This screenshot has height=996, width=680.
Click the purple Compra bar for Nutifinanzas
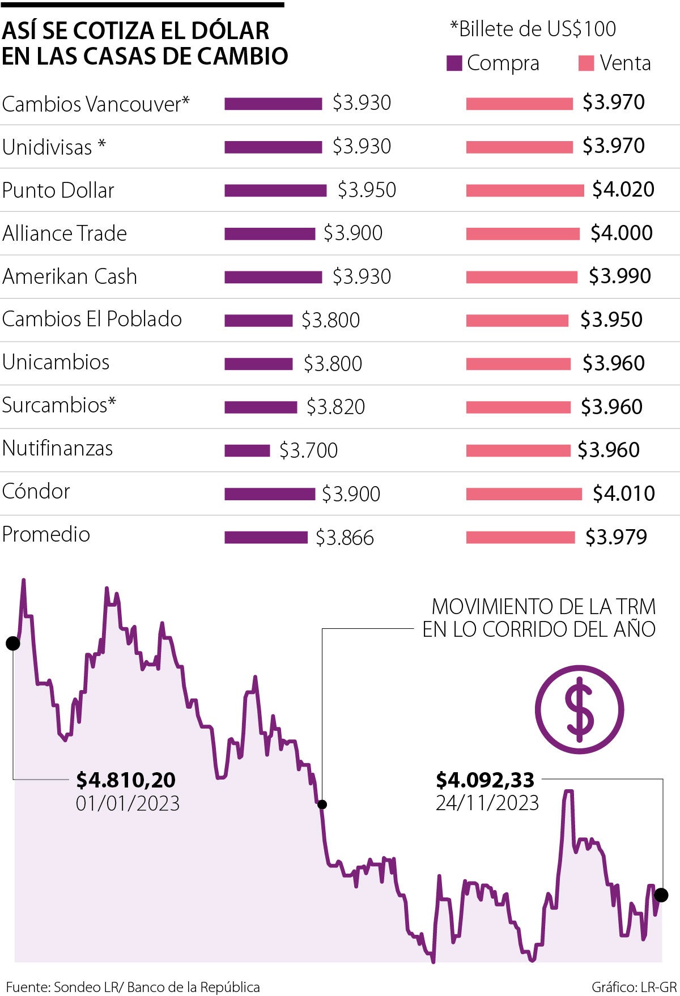(247, 450)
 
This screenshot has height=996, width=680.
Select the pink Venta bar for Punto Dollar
(525, 190)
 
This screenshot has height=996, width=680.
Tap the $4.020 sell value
(623, 190)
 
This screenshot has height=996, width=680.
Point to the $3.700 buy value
(308, 450)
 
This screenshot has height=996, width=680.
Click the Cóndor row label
(36, 491)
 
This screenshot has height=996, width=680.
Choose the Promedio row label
(46, 534)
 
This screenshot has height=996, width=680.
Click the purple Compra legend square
(454, 63)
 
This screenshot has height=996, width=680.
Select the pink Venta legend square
(586, 63)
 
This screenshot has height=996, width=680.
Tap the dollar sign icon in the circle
(579, 709)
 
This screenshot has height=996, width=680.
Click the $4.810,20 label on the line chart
(126, 780)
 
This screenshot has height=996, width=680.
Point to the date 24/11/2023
(487, 803)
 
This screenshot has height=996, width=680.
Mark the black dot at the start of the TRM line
(12, 643)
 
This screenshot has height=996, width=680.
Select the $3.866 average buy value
(345, 538)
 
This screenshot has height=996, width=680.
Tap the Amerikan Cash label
(70, 276)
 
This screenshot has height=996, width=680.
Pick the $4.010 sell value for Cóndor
(623, 493)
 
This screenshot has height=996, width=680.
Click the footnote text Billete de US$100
(533, 29)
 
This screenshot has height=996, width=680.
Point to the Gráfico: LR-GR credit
(634, 987)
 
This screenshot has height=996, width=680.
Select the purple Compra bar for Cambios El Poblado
(258, 321)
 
